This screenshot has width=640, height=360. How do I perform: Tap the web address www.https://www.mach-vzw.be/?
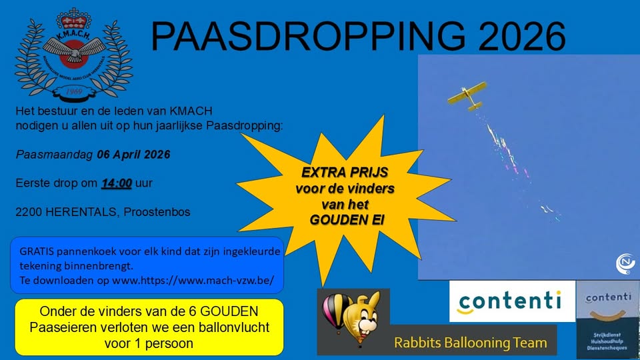(193, 280)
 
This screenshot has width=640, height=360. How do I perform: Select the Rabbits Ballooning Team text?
(471, 343)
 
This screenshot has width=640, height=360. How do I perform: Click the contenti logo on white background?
(509, 301)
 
